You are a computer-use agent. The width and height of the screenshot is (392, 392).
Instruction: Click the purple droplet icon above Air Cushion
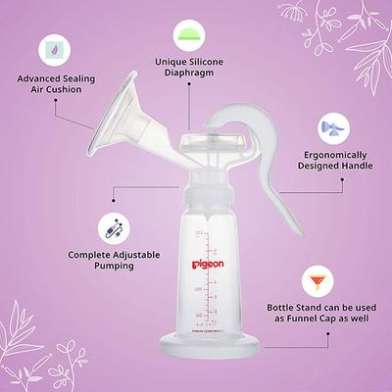click(49, 48)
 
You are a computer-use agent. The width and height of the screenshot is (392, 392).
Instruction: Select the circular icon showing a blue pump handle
click(329, 129)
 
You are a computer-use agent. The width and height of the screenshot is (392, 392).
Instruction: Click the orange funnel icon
click(316, 284)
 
